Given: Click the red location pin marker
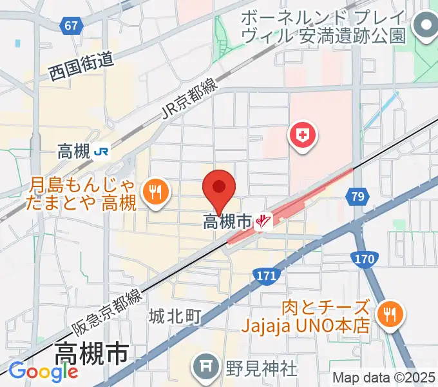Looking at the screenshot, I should (x=219, y=188).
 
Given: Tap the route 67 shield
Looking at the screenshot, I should (x=73, y=26).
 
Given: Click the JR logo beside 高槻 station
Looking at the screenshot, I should (x=101, y=152).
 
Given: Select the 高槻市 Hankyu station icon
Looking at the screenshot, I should (x=263, y=222).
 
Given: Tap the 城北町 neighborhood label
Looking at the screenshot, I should (x=175, y=316).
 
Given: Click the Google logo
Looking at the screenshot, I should (x=43, y=372).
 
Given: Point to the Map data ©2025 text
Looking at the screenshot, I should (x=384, y=377).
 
